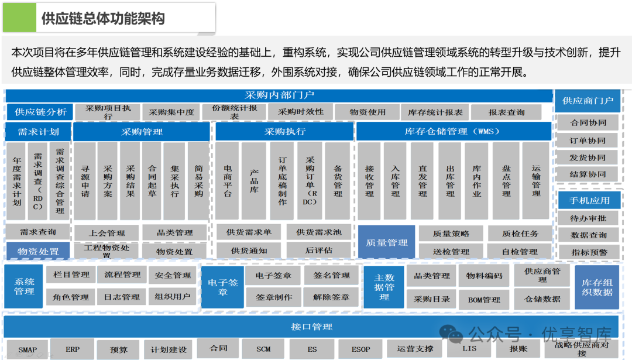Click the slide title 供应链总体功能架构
pyautogui.click(x=103, y=19)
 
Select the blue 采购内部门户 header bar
pyautogui.click(x=279, y=95)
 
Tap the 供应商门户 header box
pyautogui.click(x=588, y=101)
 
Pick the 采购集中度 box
pyautogui.click(x=171, y=112)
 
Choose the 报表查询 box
pyautogui.click(x=506, y=112)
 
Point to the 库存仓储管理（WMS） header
pyautogui.click(x=453, y=132)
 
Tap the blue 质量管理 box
pyautogui.click(x=386, y=242)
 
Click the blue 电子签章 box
pyautogui.click(x=223, y=287)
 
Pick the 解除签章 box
pyautogui.click(x=331, y=297)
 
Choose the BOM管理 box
pyautogui.click(x=484, y=299)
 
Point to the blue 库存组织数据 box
pyautogui.click(x=596, y=287)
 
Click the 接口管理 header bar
pyautogui.click(x=311, y=327)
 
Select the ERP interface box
pyautogui.click(x=73, y=349)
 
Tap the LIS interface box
pyautogui.click(x=469, y=349)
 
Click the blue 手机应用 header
pyautogui.click(x=589, y=200)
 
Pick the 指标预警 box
pyautogui.click(x=589, y=252)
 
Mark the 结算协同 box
pyautogui.click(x=588, y=174)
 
